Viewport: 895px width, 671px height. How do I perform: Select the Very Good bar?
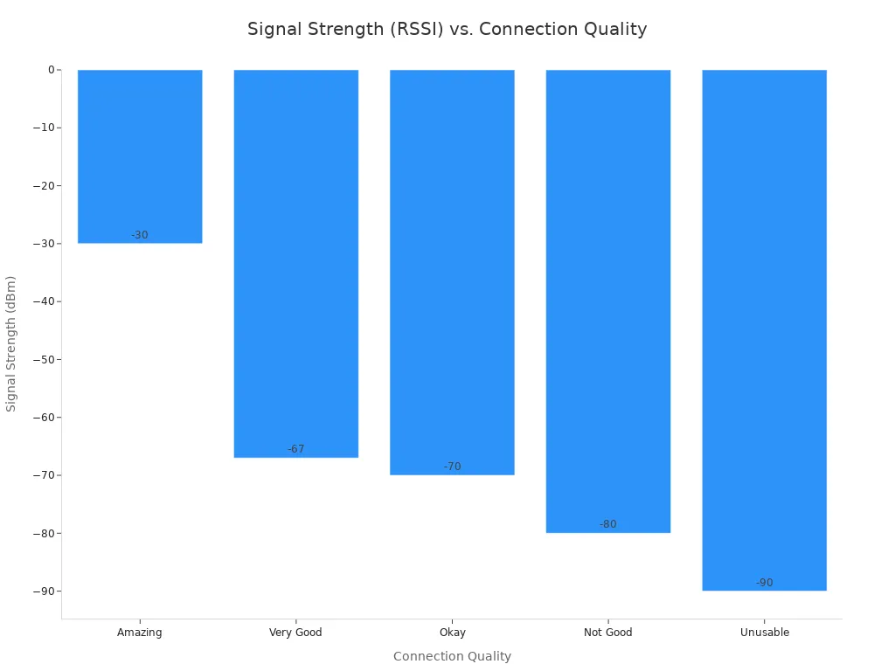(296, 262)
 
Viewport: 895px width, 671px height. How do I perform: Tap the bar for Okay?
(452, 271)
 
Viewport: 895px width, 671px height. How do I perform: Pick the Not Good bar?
(608, 297)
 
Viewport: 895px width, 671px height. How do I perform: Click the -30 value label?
(140, 235)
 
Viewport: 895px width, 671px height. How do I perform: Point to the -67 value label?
(296, 449)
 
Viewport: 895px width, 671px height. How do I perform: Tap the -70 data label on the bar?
(452, 467)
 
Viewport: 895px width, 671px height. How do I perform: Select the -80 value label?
(608, 524)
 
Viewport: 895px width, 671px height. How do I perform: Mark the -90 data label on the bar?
(764, 583)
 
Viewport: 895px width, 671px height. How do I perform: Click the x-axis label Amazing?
(140, 633)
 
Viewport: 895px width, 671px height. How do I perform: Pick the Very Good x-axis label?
(296, 633)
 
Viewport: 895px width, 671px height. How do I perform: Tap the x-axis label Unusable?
(764, 633)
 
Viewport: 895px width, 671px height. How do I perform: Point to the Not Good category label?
(608, 633)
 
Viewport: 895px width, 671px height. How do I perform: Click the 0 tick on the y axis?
(51, 70)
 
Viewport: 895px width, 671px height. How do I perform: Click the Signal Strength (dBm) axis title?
(11, 343)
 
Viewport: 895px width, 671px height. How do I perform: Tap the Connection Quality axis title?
(452, 656)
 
